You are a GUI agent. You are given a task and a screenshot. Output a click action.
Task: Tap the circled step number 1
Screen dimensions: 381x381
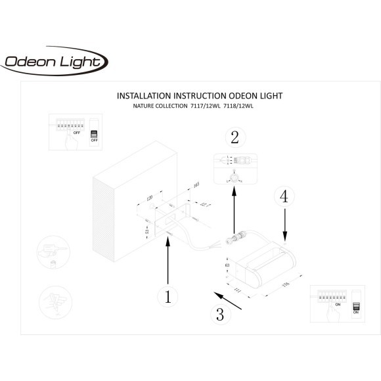(x=168, y=297)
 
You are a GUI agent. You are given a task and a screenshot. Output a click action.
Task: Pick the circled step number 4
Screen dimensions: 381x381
(x=284, y=196)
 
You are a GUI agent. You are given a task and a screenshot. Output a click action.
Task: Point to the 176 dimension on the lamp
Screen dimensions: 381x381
(x=286, y=285)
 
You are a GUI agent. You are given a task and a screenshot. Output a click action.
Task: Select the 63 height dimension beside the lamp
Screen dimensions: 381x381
(x=226, y=269)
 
